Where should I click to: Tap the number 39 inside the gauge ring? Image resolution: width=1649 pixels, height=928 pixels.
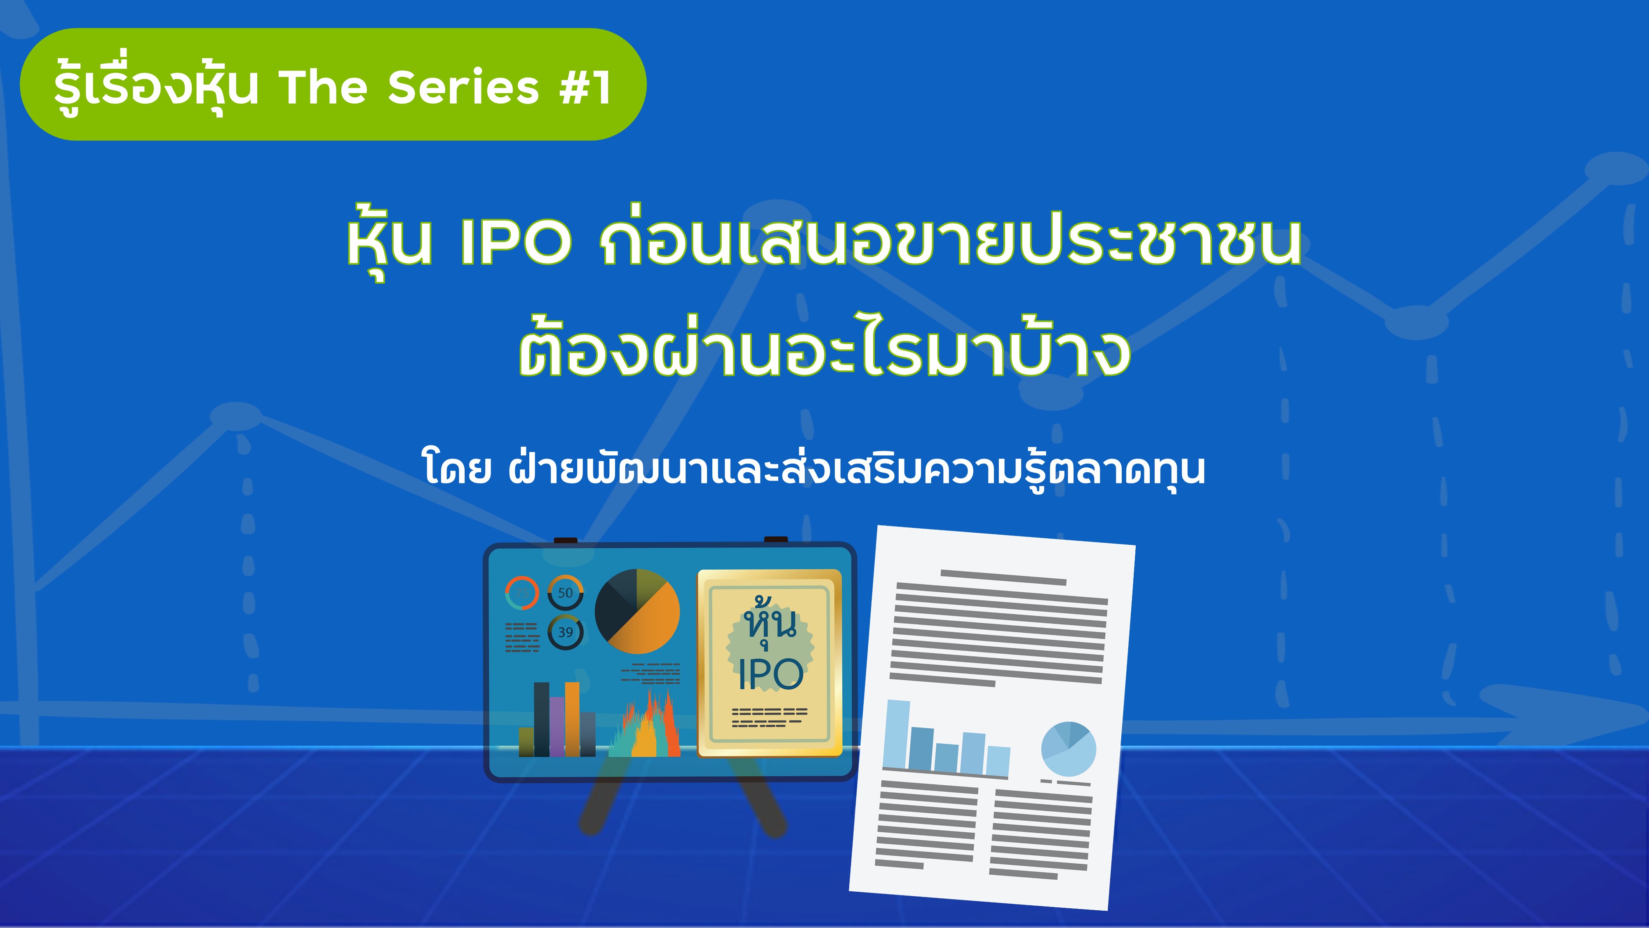[x=565, y=632]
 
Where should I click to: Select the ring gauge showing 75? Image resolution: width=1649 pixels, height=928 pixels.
[x=522, y=592]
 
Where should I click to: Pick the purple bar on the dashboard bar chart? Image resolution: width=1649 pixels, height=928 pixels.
[x=557, y=726]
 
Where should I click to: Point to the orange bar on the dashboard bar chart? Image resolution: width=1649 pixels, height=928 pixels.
[x=572, y=719]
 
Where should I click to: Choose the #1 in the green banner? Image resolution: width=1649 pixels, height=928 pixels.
[x=585, y=88]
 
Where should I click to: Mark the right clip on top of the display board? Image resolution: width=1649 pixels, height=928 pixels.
[x=776, y=540]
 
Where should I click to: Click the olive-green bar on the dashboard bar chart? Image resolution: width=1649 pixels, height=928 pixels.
[x=526, y=742]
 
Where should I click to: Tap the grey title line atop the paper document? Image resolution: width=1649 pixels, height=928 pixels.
[x=1003, y=577]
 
